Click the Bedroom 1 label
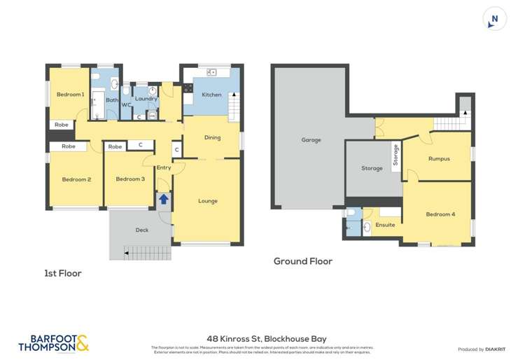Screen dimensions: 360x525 (x=70, y=95)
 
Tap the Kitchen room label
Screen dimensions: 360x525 (x=211, y=95)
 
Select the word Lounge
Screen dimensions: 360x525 (x=208, y=201)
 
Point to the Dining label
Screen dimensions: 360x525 (x=212, y=137)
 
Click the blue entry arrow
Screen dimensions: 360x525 (x=163, y=199)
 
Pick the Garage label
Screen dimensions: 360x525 (x=311, y=140)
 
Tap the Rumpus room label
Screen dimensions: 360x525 (x=440, y=159)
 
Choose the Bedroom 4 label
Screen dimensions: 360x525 (x=440, y=214)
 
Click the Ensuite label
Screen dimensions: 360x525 (x=385, y=225)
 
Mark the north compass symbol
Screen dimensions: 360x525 (x=495, y=20)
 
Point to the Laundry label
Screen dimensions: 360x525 (x=146, y=99)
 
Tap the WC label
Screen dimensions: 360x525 (x=127, y=105)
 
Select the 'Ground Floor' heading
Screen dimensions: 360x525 (x=302, y=261)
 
